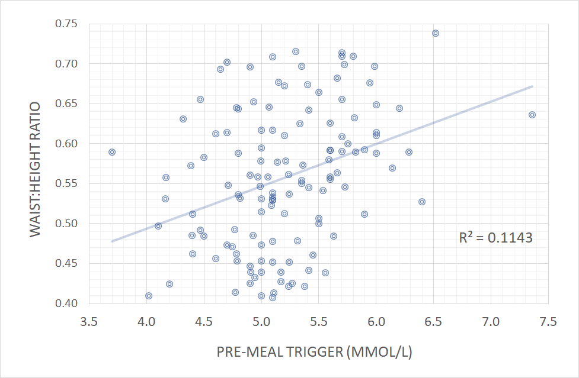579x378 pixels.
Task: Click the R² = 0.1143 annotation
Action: tap(495, 238)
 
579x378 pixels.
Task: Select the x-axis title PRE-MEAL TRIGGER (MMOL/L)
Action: tap(315, 353)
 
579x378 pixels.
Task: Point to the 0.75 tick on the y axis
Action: tap(66, 24)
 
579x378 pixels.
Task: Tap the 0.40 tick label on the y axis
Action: tap(66, 303)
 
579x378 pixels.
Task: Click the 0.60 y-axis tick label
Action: tap(66, 144)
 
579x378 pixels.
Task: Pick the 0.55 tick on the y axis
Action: tap(66, 184)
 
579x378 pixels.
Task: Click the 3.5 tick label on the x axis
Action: tap(89, 322)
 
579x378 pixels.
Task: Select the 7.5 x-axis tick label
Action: tap(548, 322)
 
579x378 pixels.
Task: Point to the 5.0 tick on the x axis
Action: tap(261, 322)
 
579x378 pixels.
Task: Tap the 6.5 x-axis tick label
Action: tap(434, 322)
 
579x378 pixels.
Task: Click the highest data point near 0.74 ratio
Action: tap(436, 33)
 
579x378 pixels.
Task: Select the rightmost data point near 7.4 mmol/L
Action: tap(532, 115)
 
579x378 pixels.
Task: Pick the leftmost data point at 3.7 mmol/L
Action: tap(112, 152)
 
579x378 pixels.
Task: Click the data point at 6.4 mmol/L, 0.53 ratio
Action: tap(422, 202)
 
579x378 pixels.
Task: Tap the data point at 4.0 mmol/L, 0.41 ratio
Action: tap(149, 296)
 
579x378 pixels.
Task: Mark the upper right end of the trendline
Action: tap(532, 86)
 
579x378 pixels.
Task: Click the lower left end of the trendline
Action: tap(112, 241)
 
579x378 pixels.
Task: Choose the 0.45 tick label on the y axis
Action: tap(66, 264)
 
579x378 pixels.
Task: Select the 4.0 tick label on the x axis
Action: tap(146, 322)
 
